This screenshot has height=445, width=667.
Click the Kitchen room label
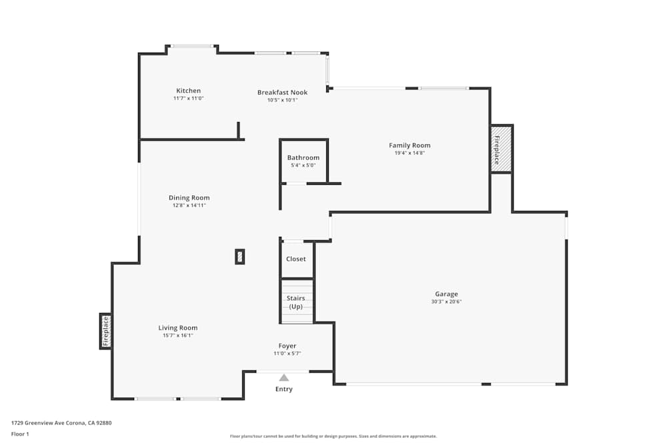[x=188, y=91]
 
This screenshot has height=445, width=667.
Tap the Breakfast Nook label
[x=282, y=92]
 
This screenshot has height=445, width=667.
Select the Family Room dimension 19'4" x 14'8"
[x=410, y=153]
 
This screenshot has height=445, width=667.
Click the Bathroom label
[x=303, y=157]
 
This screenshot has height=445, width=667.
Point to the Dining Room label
[x=189, y=197]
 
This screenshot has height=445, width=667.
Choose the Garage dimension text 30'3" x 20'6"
[x=446, y=302]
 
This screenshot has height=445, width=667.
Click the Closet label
[x=296, y=259]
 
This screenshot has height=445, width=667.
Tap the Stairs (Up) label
[x=296, y=302]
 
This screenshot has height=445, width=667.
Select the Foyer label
[x=287, y=346]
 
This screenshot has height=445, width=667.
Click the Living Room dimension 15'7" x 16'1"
[x=177, y=336]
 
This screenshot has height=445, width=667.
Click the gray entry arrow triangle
[x=284, y=378]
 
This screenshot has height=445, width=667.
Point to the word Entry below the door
[x=284, y=389]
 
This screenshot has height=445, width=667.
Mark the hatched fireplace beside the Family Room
[x=501, y=149]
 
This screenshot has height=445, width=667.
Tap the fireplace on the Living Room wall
[x=105, y=331]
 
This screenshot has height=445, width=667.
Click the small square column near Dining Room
[x=239, y=257]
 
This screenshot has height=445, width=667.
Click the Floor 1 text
[x=20, y=434]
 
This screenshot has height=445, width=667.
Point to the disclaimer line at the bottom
[x=333, y=436]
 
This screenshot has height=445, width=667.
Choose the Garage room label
[x=446, y=294]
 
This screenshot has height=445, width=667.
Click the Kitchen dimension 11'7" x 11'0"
[x=188, y=98]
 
